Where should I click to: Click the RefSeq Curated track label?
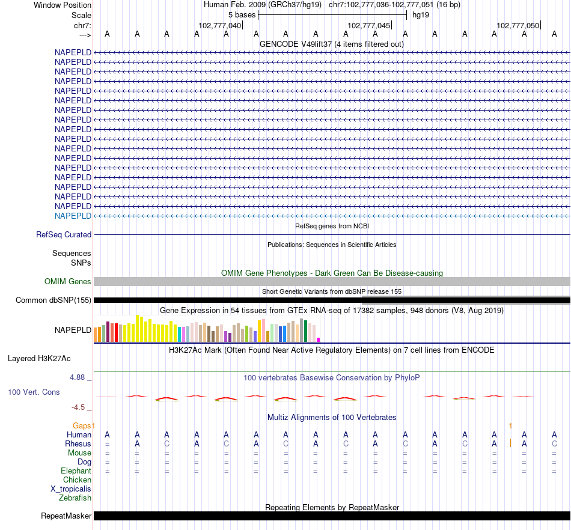coord(64,235)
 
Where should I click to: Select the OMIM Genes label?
coord(68,282)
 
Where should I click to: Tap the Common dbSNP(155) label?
coord(53,300)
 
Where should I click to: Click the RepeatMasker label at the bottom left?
coord(66,516)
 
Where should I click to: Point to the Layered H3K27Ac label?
coord(39,359)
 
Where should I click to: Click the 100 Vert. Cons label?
coord(34,392)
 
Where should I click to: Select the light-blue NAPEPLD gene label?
coord(73,216)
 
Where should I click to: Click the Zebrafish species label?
coord(75,498)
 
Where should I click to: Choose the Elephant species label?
coord(76,471)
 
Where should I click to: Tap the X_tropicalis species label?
coord(71,489)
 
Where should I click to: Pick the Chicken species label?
coord(77,480)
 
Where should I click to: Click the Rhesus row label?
coord(78,444)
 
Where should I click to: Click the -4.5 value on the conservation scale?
coord(79,407)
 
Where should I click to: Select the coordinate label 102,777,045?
coord(368,25)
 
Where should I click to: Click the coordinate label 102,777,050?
coord(518,25)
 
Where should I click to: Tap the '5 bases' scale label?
coord(242,15)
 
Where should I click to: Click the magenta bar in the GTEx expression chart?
coord(319,340)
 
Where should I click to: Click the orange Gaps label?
coord(83,425)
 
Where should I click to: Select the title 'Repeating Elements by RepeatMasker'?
coord(332,508)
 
